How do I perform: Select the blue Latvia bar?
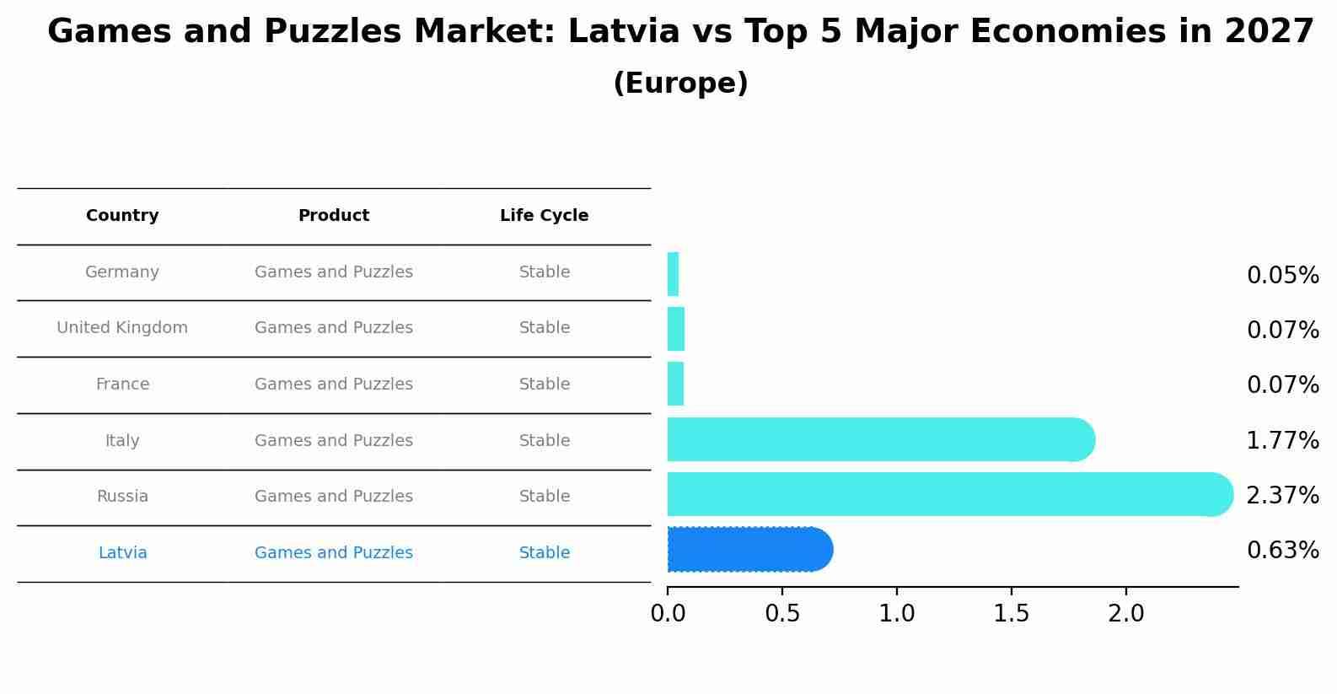coord(746,550)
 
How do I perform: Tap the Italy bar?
coord(877,439)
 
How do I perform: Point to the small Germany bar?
coord(673,274)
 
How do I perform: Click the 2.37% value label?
coord(1281,496)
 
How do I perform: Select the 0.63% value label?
coord(1281,551)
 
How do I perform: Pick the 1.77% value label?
coord(1281,441)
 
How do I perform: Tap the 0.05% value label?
coord(1281,276)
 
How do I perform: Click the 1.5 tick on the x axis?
coord(1011,614)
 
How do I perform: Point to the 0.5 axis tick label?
coord(781,614)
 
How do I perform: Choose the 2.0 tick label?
coord(1125,614)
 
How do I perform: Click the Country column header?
coord(122,216)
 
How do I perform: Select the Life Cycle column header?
coord(544,216)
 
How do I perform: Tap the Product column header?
coord(334,216)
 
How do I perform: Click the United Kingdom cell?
coord(122,328)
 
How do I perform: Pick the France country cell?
coord(122,385)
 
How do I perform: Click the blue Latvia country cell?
coord(122,553)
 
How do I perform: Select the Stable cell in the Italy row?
coord(544,441)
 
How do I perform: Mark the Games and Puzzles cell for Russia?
coord(334,497)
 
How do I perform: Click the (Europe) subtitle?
coord(680,83)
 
